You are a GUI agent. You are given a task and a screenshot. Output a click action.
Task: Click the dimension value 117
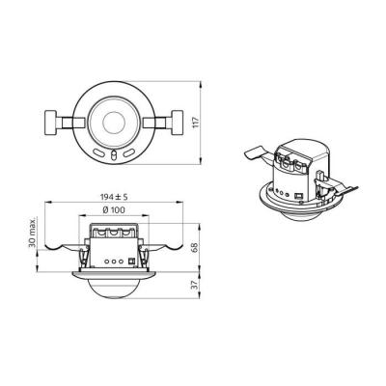196,123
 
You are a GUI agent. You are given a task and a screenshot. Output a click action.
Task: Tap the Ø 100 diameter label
114,210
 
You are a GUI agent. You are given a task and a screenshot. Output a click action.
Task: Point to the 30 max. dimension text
32,233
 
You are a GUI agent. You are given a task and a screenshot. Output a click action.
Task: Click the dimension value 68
195,247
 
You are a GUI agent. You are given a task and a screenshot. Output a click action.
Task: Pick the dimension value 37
195,285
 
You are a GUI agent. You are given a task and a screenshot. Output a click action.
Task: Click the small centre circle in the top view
114,122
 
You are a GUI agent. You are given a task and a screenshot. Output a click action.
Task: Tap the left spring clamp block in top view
50,123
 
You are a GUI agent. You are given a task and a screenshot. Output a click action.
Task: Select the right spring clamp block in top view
178,123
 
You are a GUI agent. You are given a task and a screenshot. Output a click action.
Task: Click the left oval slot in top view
98,152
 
